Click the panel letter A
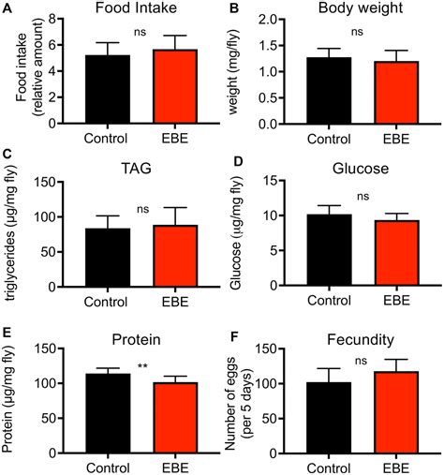click(8, 8)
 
